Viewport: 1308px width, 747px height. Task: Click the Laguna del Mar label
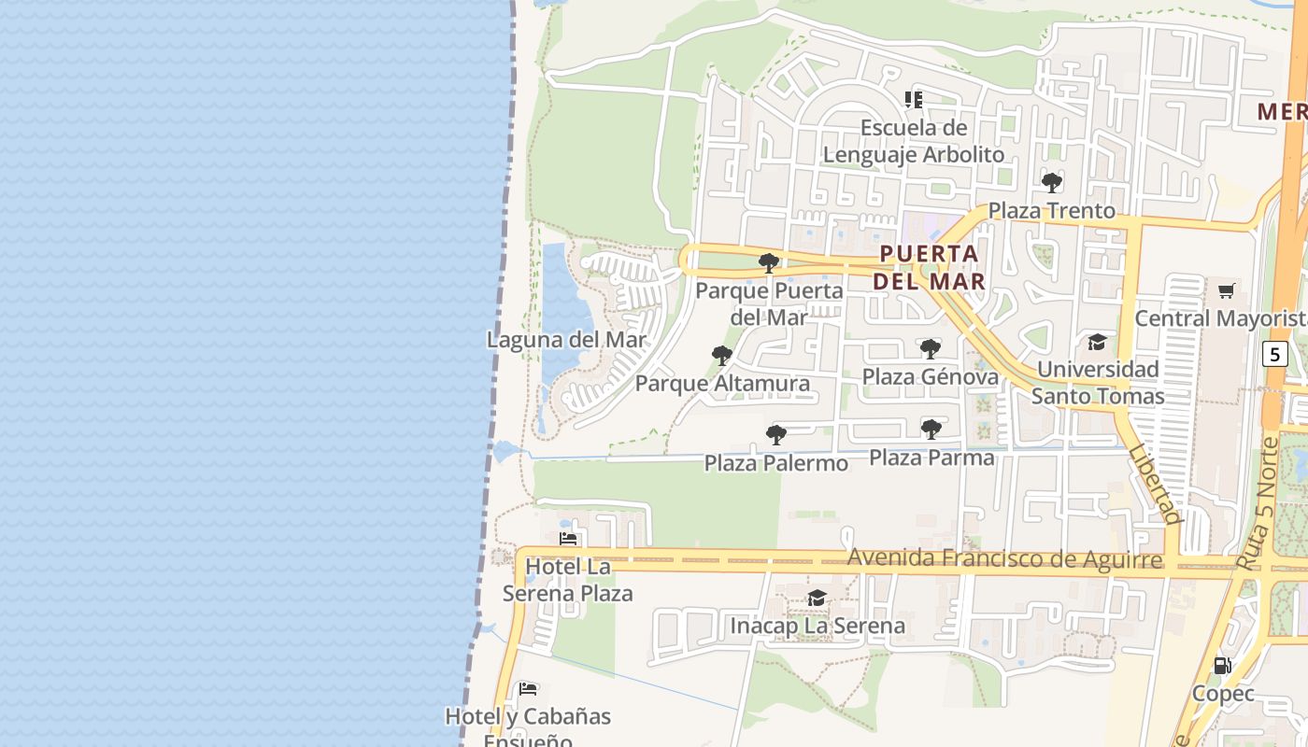[x=566, y=340]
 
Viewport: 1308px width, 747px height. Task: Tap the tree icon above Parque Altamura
[x=721, y=356]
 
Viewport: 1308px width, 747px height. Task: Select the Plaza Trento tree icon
[x=1052, y=183]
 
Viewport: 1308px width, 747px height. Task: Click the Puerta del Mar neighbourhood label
[x=931, y=267]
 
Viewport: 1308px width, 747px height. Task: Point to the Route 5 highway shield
[x=1275, y=355]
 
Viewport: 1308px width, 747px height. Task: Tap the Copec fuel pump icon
[x=1222, y=666]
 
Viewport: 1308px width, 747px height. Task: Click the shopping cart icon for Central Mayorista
[x=1226, y=290]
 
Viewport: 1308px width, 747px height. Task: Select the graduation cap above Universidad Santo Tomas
[x=1097, y=343]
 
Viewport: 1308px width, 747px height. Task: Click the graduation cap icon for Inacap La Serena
[x=817, y=598]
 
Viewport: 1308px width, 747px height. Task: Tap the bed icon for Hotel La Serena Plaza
[x=568, y=539]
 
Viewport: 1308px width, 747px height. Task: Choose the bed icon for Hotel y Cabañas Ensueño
[x=528, y=689]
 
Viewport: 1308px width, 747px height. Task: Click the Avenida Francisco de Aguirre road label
[x=1004, y=558]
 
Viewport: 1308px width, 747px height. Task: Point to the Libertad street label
[x=1155, y=484]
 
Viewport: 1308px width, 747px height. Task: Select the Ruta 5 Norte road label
[x=1256, y=504]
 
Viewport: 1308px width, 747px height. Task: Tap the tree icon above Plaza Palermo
[x=775, y=435]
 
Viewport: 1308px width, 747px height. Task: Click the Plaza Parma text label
[x=931, y=458]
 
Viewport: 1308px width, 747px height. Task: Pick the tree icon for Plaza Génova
[x=930, y=349]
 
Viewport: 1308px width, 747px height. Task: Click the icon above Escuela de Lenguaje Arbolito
[x=914, y=99]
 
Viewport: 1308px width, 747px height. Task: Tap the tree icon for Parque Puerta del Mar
[x=769, y=263]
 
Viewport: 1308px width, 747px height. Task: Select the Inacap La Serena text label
[x=817, y=626]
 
